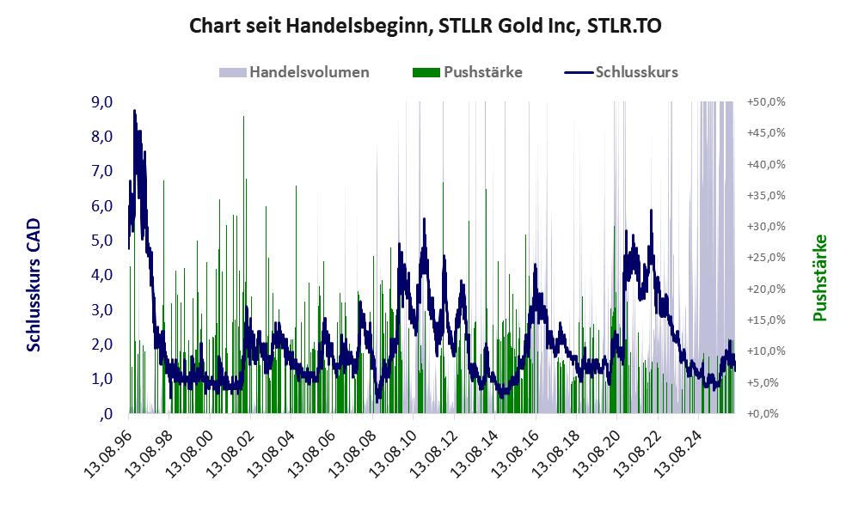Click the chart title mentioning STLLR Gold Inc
click(426, 26)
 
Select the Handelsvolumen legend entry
click(294, 72)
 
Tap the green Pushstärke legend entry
click(468, 72)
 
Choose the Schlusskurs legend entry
click(621, 72)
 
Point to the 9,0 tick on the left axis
click(102, 102)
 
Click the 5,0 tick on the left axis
click(102, 241)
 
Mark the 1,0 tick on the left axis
click(102, 379)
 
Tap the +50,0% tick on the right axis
click(766, 102)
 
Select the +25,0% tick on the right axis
click(766, 258)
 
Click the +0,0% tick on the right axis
click(763, 414)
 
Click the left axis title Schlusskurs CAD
click(34, 284)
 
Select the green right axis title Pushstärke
click(819, 277)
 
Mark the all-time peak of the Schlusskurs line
click(134, 111)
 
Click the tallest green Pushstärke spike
click(243, 116)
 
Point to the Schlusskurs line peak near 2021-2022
click(651, 210)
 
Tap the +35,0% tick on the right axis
click(766, 196)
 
